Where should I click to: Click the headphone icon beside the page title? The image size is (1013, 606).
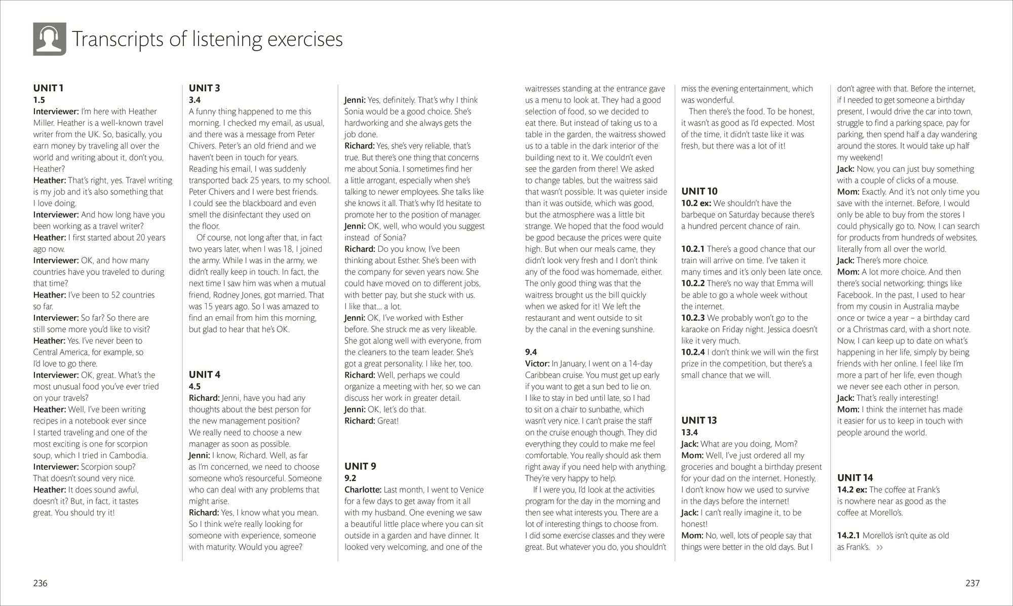tap(50, 39)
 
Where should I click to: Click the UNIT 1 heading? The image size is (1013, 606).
tap(48, 88)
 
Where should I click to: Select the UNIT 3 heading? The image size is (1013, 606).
tap(204, 88)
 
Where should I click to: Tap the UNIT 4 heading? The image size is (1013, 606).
tap(204, 374)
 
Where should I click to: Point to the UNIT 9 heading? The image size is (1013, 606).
tap(360, 466)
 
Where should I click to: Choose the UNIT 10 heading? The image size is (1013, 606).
tap(699, 191)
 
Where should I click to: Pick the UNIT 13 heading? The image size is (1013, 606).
tap(699, 420)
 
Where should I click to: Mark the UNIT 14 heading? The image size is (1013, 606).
tap(855, 477)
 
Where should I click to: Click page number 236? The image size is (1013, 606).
tap(40, 583)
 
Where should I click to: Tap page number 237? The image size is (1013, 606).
tap(972, 583)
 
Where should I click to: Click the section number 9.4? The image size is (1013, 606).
tap(531, 352)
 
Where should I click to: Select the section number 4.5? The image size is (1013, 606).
tap(194, 386)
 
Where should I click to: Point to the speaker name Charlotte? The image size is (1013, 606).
tap(363, 489)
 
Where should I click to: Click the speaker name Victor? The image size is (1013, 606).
tap(537, 363)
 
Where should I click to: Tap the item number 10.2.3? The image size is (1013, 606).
tap(693, 318)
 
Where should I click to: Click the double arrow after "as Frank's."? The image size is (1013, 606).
tap(879, 547)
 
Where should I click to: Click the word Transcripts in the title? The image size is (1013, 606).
tap(118, 40)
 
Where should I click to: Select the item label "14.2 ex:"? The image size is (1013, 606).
tap(852, 489)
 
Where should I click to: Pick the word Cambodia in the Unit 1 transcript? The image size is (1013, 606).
tap(130, 455)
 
